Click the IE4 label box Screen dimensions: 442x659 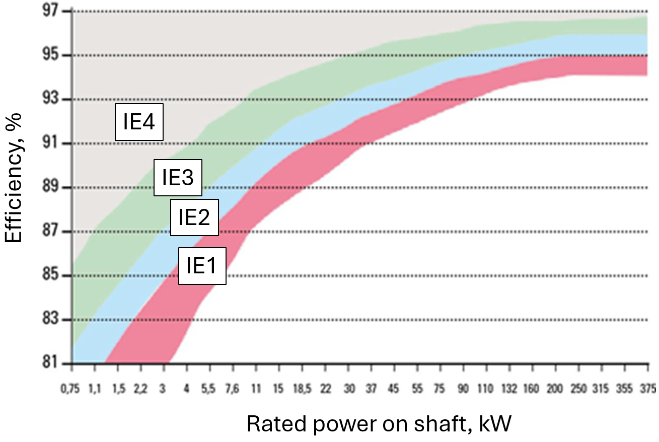point(139,122)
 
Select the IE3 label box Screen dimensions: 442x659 point(178,178)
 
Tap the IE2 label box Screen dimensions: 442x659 point(194,217)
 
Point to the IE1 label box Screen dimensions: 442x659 point(202,266)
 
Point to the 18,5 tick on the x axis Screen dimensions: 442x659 point(302,388)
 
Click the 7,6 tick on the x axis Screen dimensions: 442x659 point(233,388)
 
